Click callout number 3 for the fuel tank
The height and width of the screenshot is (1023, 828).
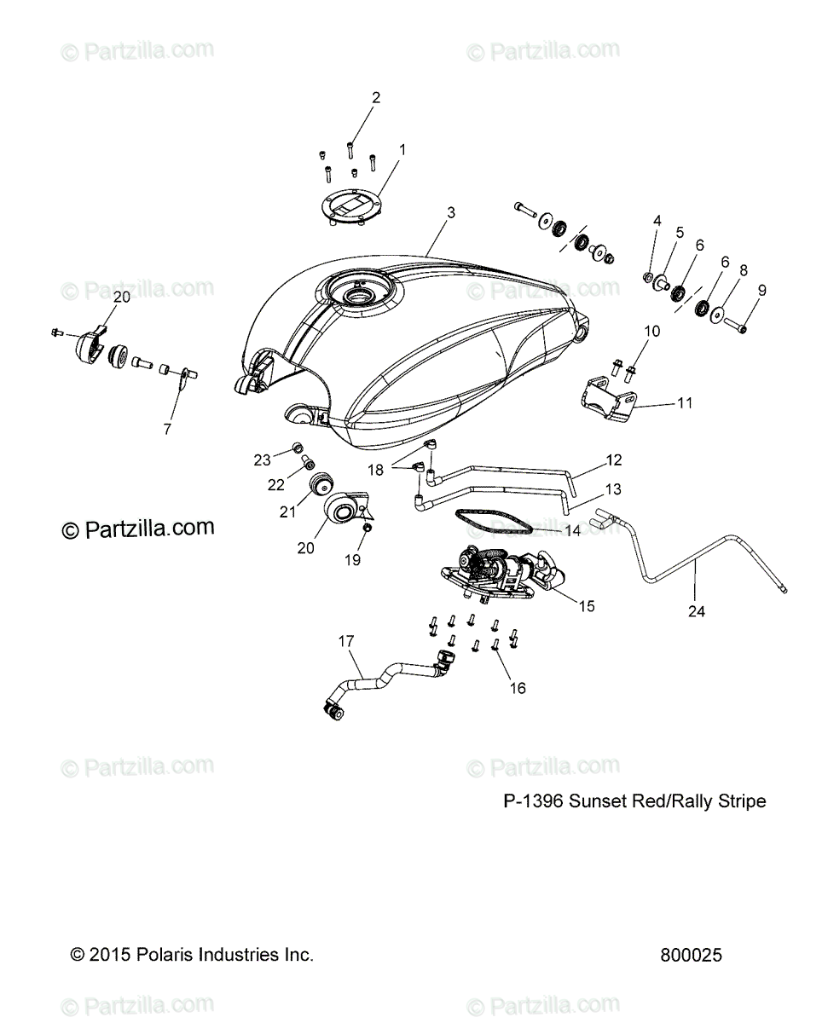[x=450, y=212]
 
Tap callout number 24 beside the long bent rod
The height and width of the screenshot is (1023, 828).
[x=697, y=610]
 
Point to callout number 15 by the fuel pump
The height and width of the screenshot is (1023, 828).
[x=587, y=606]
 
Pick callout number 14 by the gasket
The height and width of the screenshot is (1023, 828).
[x=573, y=529]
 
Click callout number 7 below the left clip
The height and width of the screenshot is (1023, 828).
[x=166, y=429]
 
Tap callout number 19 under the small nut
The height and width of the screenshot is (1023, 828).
[x=352, y=559]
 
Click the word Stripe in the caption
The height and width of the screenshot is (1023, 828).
[x=743, y=801]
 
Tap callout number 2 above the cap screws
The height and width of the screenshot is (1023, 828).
[x=375, y=97]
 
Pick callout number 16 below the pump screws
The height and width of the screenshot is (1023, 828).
[x=518, y=687]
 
